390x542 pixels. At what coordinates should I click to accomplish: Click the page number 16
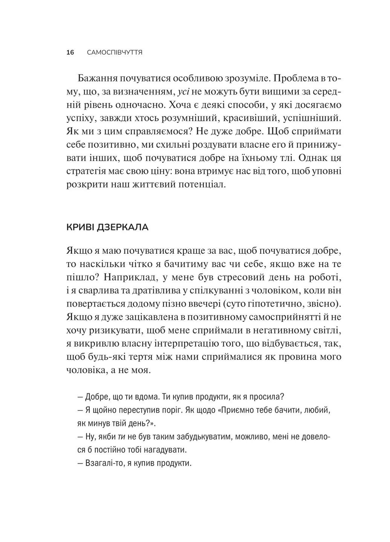70,52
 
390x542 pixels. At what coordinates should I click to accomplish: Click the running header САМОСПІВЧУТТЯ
115,52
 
